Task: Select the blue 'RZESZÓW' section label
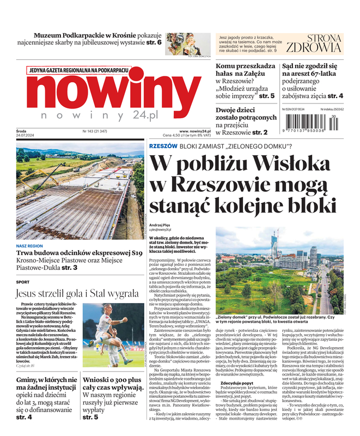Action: click(x=163, y=146)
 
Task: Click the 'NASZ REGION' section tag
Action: click(x=30, y=246)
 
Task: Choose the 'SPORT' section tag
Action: click(x=23, y=282)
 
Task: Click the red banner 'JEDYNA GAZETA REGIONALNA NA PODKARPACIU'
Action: click(x=79, y=70)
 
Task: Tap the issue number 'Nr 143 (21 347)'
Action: click(x=95, y=131)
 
